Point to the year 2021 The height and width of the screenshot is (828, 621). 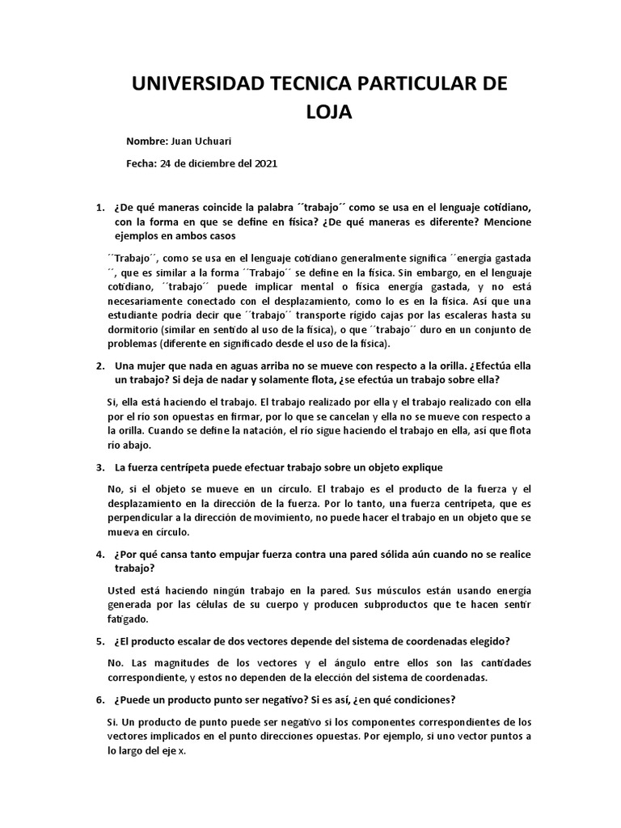click(x=264, y=163)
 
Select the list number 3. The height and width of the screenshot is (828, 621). click(x=99, y=467)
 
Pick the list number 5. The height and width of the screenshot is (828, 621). click(x=99, y=642)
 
